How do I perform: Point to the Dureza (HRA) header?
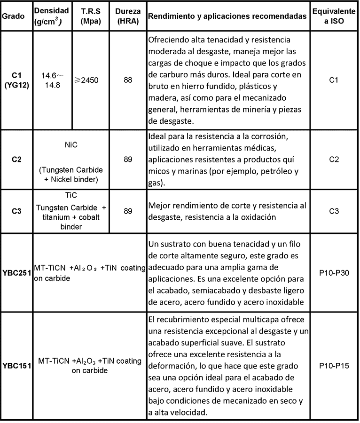click(x=127, y=16)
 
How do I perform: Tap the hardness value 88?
click(x=127, y=80)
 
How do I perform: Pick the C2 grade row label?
click(x=16, y=160)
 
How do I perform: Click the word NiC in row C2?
click(x=71, y=145)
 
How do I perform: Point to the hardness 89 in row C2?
click(x=127, y=160)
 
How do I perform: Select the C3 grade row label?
click(x=16, y=211)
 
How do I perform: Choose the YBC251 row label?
click(x=16, y=272)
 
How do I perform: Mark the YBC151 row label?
click(x=16, y=366)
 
